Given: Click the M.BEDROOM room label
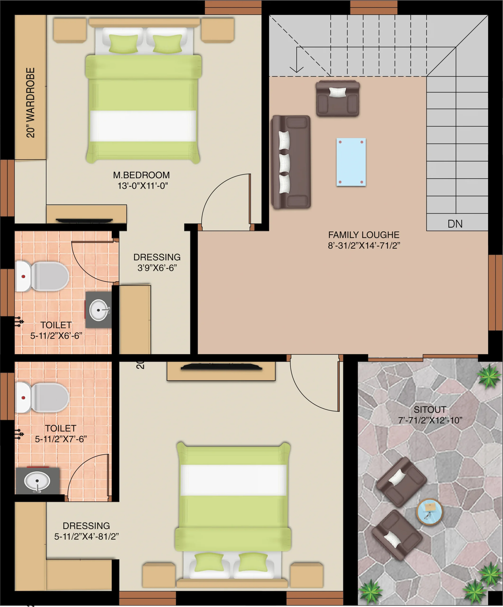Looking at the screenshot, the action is pos(141,175).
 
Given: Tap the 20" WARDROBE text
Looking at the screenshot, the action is pos(30,103).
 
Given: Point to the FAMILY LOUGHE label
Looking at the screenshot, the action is pos(364,235).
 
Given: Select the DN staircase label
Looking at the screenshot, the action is pos(455,224).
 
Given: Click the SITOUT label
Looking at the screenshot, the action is pos(430,409).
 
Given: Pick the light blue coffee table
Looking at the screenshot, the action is pos(351,162).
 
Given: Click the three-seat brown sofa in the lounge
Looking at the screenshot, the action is pos(291,162).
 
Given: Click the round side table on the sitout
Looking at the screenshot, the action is pos(429,512).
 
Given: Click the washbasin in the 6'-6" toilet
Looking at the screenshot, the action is pos(98,310).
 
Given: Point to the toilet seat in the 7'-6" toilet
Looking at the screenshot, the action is pos(42,397).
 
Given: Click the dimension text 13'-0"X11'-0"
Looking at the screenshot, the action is pos(143,186).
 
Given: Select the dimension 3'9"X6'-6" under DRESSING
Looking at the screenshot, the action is pos(157,268).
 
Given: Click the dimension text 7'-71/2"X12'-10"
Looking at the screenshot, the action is pos(430,420).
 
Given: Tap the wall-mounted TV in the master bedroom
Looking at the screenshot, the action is pos(84,221).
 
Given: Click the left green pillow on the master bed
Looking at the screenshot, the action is pos(123,43).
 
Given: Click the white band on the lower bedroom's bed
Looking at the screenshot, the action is pos(233,480).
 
